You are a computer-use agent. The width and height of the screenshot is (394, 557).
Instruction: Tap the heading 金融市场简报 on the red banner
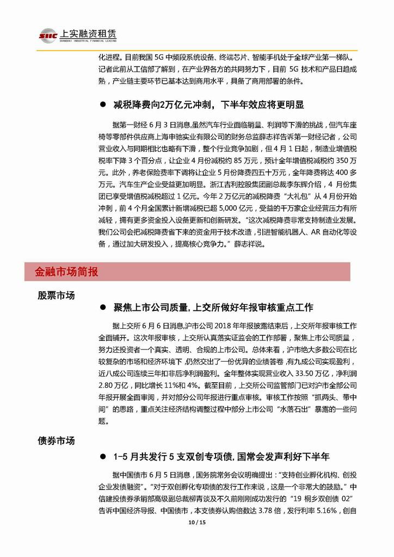click(x=67, y=271)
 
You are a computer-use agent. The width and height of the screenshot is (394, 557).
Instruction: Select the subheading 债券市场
click(x=56, y=440)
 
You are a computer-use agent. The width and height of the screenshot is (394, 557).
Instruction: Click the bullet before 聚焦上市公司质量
click(x=102, y=308)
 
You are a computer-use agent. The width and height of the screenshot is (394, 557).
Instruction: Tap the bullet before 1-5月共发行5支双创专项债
click(x=102, y=455)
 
